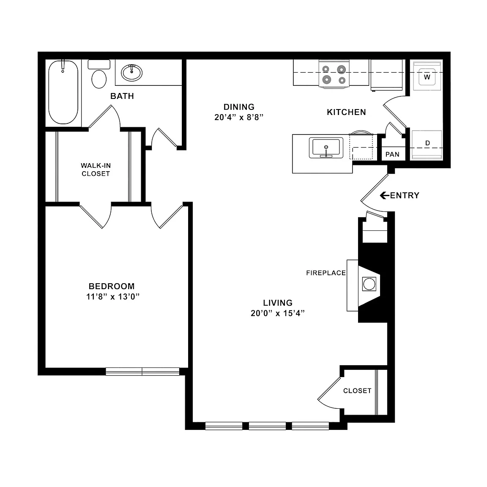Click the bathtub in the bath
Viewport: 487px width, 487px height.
(63, 92)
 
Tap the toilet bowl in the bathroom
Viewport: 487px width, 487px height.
(99, 79)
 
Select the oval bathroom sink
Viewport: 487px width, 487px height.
(131, 73)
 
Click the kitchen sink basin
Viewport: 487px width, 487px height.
(326, 148)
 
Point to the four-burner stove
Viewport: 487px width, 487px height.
(334, 74)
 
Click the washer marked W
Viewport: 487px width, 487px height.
(427, 76)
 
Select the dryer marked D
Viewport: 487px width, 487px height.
(427, 145)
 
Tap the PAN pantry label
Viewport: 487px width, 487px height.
(392, 154)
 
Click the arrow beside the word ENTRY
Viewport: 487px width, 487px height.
(385, 195)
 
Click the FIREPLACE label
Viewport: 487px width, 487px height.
(326, 273)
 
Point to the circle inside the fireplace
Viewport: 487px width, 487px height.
(369, 284)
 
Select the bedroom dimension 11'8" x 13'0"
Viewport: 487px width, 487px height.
(113, 297)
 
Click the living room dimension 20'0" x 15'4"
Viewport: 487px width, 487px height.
(278, 313)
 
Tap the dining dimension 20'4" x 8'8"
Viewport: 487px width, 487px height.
(239, 117)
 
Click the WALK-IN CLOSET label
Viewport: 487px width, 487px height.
(96, 170)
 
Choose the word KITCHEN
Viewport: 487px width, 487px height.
(346, 112)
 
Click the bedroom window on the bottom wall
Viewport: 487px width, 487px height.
(142, 372)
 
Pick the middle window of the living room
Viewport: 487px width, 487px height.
(267, 426)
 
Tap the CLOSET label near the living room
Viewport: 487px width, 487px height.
(357, 391)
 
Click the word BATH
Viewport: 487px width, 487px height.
(122, 96)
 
